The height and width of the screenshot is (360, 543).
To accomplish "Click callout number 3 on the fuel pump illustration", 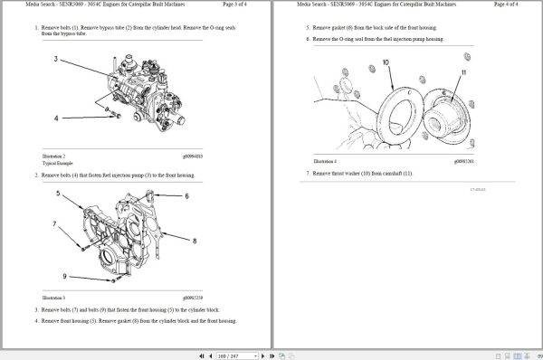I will coord(56,60).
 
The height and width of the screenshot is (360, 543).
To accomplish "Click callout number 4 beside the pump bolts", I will coord(56,118).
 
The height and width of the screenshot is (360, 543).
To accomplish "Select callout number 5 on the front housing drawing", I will coord(57,194).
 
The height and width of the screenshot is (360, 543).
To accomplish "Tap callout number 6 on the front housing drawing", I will coord(187,195).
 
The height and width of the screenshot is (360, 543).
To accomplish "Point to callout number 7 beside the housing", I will coord(53,223).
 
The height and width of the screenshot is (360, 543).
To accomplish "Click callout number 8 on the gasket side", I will coord(194,241).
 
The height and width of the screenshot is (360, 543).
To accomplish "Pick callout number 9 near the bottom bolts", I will coord(64,276).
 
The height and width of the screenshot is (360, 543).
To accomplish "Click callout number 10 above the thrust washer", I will coord(386,62).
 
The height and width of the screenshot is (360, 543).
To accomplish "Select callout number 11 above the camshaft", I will coord(463,71).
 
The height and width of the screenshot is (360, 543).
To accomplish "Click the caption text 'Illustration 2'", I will coord(53,156).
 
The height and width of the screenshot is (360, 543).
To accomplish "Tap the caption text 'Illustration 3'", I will coord(53,297).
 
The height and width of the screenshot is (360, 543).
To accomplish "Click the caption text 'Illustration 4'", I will coord(325,161).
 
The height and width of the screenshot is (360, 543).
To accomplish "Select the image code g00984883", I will coord(193,156).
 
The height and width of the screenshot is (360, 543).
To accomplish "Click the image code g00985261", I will coord(464,161).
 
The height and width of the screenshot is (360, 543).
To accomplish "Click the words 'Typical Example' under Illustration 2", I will coord(56,163).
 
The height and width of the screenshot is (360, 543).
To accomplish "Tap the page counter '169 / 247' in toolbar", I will coord(230,355).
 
